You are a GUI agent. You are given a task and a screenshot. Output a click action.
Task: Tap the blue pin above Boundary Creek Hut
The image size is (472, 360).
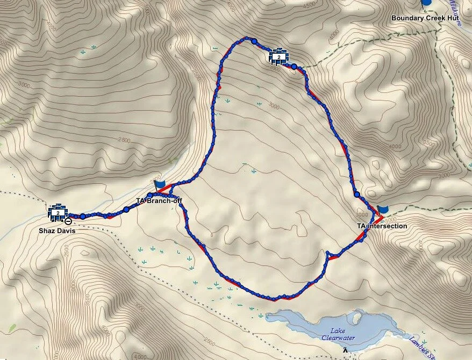point(427,2)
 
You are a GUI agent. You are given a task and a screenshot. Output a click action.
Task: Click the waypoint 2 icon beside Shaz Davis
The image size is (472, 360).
point(58,212)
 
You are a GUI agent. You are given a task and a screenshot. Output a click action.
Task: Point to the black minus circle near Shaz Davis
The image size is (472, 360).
point(68,221)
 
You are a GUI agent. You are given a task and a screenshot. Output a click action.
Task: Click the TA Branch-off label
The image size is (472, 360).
point(159,201)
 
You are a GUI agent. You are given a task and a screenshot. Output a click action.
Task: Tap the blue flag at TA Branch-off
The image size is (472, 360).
point(160,184)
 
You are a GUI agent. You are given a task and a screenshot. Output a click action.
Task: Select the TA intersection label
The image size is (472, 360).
point(382,226)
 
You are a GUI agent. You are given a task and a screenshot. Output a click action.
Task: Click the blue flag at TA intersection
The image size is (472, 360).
point(383,210)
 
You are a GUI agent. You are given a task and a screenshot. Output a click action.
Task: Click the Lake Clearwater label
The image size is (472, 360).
point(338,334)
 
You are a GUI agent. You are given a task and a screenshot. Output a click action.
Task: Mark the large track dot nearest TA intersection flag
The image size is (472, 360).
point(357,195)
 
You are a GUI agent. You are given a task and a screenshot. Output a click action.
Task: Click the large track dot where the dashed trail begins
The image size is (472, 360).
point(294,67)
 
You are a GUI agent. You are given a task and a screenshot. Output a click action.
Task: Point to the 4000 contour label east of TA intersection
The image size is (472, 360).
point(396,146)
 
